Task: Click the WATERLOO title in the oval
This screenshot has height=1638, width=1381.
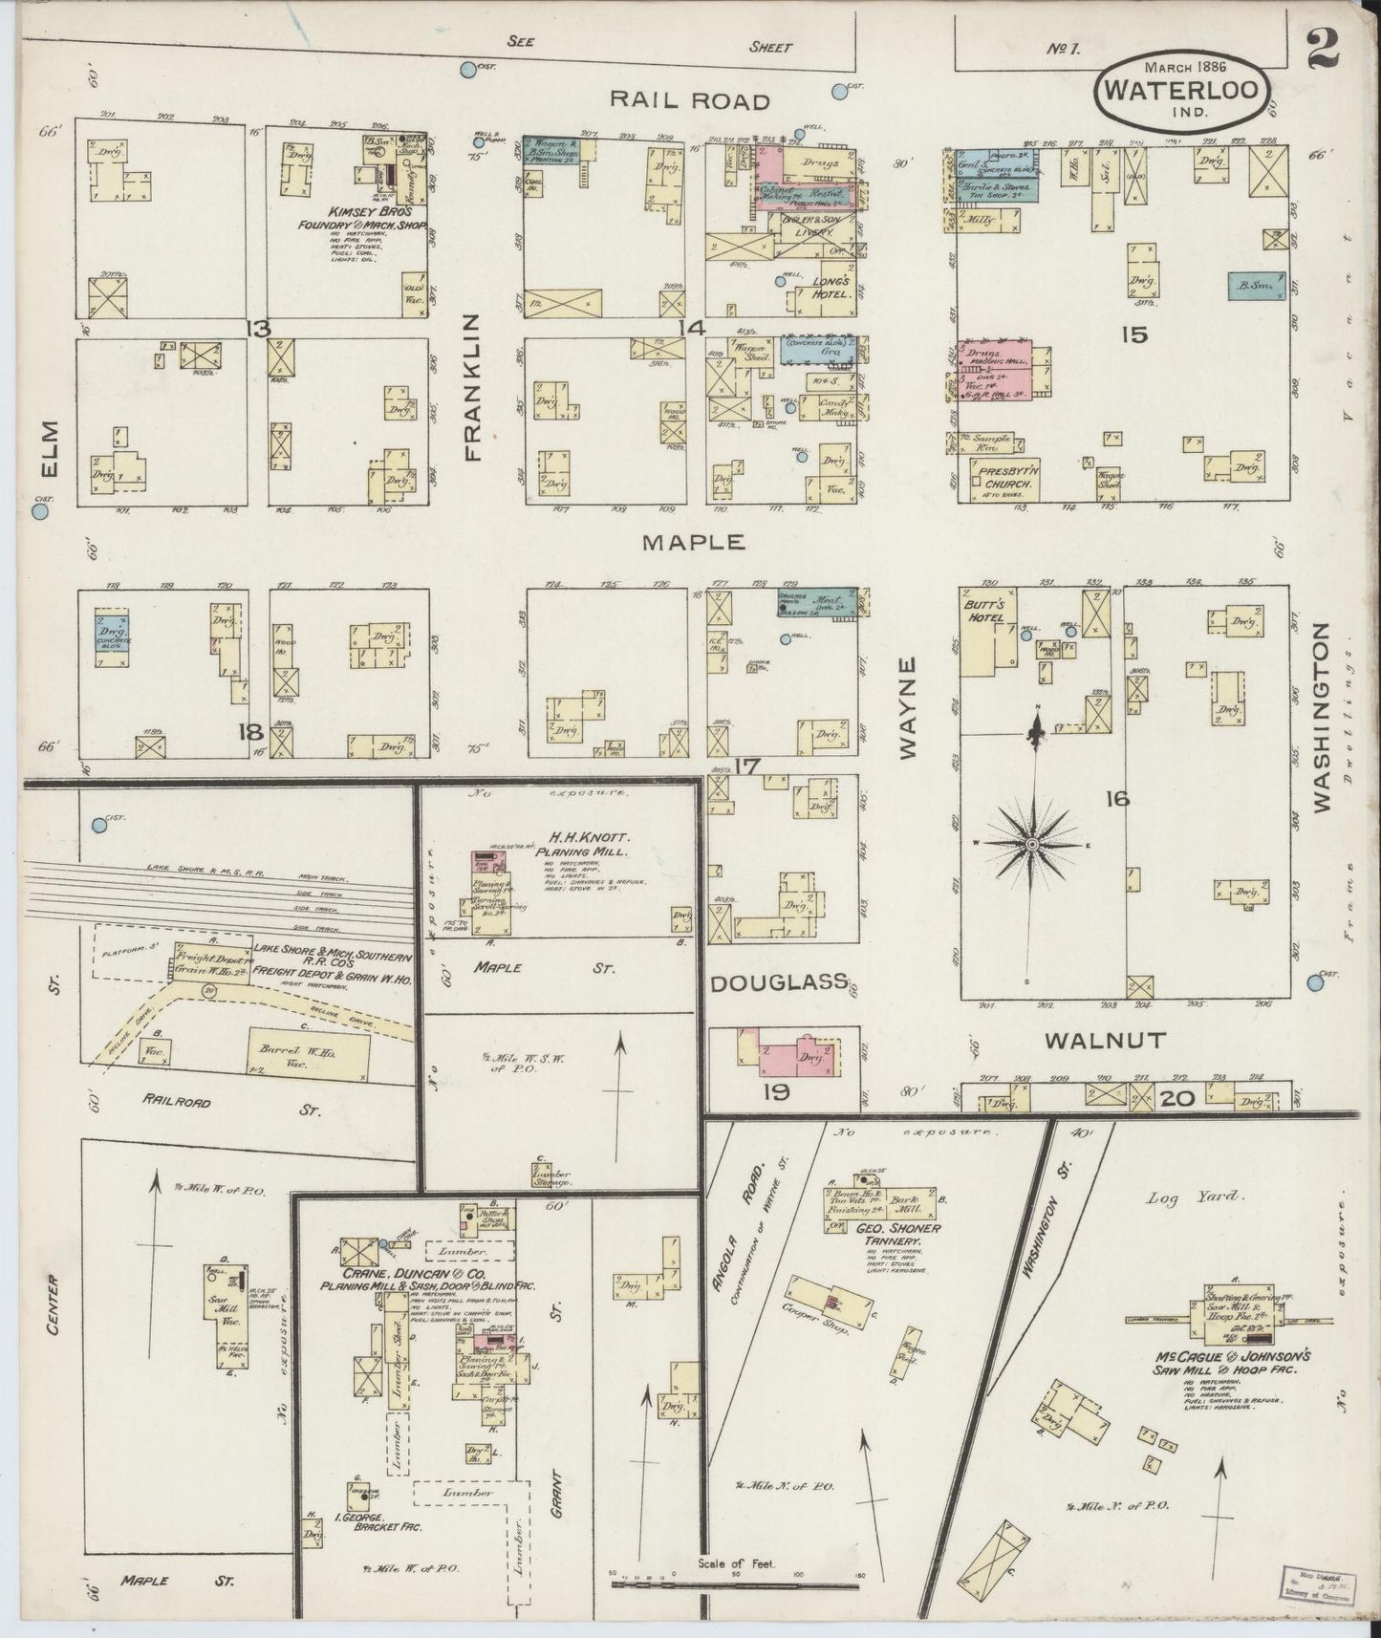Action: click(1188, 90)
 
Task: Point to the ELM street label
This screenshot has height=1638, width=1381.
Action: click(50, 446)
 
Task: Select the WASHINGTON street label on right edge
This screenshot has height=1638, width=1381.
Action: click(1322, 717)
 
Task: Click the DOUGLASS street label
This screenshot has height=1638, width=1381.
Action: click(778, 981)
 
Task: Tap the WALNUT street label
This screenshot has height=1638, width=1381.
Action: click(1105, 1040)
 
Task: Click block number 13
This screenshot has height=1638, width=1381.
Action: click(257, 329)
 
